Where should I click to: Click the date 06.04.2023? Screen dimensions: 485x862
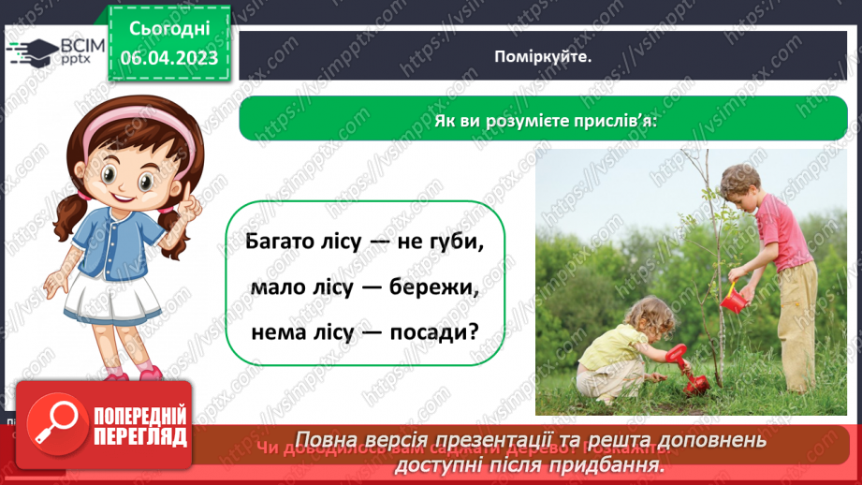(168, 59)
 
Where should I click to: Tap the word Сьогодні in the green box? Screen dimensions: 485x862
(168, 29)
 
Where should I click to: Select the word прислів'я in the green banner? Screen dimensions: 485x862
(612, 122)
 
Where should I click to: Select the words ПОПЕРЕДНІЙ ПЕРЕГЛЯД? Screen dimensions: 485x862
(139, 426)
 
